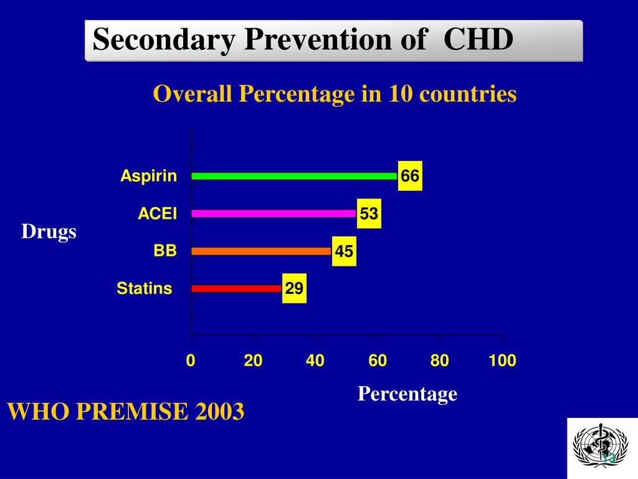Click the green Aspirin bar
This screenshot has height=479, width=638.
click(293, 177)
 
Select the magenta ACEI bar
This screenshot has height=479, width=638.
click(274, 213)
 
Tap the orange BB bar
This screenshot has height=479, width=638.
click(261, 251)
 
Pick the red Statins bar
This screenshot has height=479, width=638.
click(236, 289)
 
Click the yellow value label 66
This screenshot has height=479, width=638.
click(410, 177)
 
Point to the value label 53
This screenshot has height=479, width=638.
click(369, 215)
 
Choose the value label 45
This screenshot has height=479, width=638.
click(344, 252)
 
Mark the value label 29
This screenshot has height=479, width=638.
click(294, 289)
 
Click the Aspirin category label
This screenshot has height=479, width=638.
click(149, 177)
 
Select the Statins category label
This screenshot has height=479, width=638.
click(145, 289)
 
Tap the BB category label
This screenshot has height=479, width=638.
click(165, 251)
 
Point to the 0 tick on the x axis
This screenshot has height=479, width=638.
click(191, 360)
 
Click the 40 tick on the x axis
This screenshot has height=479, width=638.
click(315, 360)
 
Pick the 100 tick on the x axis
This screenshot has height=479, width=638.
click(502, 360)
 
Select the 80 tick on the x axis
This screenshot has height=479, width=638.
click(440, 360)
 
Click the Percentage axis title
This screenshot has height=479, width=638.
click(407, 394)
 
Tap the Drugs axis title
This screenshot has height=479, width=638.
click(49, 232)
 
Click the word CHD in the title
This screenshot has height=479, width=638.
click(478, 41)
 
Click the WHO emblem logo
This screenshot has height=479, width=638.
click(602, 448)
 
